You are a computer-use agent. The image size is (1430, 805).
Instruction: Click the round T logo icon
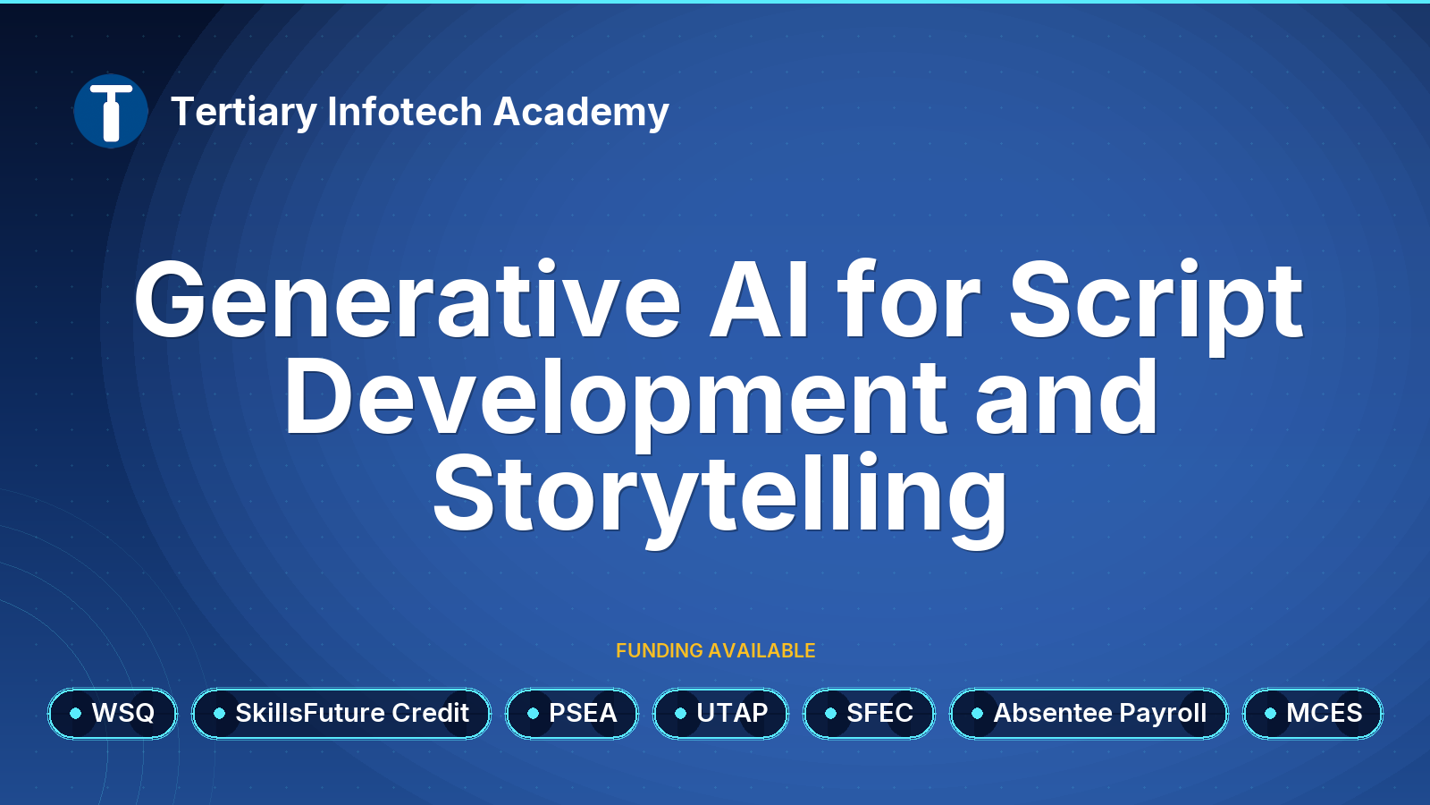(111, 111)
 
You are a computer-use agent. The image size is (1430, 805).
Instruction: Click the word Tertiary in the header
(244, 113)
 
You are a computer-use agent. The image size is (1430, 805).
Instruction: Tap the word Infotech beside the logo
(404, 111)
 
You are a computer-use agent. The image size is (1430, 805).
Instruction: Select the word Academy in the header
(581, 113)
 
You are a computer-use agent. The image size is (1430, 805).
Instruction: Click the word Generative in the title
(408, 299)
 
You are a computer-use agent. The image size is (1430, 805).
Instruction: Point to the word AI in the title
(760, 299)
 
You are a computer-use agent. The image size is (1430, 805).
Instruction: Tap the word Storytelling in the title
(719, 500)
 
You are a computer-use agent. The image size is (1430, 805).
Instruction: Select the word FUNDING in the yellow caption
(660, 650)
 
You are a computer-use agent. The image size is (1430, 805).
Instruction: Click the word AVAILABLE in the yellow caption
(761, 650)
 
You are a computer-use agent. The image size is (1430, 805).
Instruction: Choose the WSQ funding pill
(113, 714)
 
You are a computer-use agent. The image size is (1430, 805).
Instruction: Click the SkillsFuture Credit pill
(341, 714)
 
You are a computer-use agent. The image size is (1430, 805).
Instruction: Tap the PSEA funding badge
(572, 714)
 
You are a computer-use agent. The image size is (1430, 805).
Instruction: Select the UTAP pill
(720, 714)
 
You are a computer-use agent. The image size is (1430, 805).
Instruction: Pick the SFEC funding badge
(869, 714)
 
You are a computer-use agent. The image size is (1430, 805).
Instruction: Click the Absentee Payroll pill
(1089, 714)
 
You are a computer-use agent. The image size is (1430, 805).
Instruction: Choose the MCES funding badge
(1313, 714)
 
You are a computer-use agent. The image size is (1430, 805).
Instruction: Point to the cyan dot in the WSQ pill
(75, 714)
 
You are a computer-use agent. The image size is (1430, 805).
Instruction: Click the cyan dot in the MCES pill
(1270, 714)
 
